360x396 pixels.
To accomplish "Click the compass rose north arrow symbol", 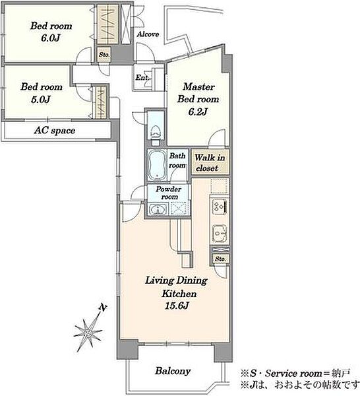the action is pyautogui.click(x=88, y=333).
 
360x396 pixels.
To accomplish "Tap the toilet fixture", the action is pyautogui.click(x=156, y=135).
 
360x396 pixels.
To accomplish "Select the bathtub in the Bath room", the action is pyautogui.click(x=157, y=165).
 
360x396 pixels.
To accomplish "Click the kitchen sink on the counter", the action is pyautogui.click(x=220, y=234).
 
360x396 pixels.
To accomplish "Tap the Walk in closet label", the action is pyautogui.click(x=210, y=162).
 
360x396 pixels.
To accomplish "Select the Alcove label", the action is pyautogui.click(x=148, y=34).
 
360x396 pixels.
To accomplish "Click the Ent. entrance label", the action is pyautogui.click(x=142, y=77).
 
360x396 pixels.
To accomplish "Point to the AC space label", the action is pyautogui.click(x=55, y=131).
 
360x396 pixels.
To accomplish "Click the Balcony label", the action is pyautogui.click(x=173, y=371).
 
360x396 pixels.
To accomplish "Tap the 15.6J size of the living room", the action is pyautogui.click(x=177, y=306).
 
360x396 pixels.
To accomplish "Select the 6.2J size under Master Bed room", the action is pyautogui.click(x=198, y=112).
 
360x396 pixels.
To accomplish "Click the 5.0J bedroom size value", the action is pyautogui.click(x=41, y=99).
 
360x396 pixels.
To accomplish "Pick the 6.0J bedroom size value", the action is pyautogui.click(x=51, y=38).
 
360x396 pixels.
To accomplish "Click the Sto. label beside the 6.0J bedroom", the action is pyautogui.click(x=104, y=55).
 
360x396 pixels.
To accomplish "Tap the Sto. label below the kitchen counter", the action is pyautogui.click(x=220, y=259).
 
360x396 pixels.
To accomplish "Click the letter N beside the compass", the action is pyautogui.click(x=102, y=308).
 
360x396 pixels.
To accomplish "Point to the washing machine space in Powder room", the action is pyautogui.click(x=179, y=209).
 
